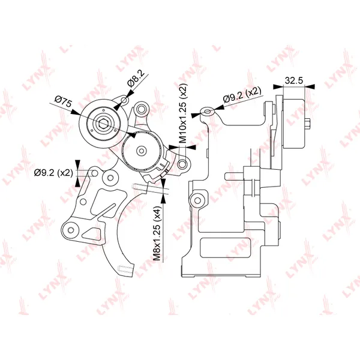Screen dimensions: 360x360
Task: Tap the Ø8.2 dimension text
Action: tap(136, 79)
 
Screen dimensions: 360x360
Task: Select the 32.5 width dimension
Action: tap(294, 80)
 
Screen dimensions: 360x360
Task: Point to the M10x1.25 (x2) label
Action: tap(183, 113)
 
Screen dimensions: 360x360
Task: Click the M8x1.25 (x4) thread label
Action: tap(158, 233)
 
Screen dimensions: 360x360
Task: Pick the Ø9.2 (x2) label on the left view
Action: tap(53, 172)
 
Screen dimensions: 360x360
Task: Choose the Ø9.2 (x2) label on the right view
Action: tap(242, 94)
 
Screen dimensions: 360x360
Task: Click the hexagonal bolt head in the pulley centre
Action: tap(103, 124)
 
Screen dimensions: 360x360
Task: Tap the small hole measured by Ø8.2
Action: tap(124, 100)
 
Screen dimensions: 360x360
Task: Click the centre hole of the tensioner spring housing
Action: tap(141, 151)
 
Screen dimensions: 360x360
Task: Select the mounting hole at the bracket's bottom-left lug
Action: tap(71, 230)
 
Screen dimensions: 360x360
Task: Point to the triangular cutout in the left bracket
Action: tap(92, 233)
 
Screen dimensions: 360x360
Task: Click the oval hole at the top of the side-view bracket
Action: tap(208, 112)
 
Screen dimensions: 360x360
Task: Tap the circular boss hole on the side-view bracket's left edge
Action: tap(197, 200)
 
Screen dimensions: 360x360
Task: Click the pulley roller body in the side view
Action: tap(294, 124)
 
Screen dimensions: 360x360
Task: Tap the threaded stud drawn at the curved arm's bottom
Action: tap(125, 269)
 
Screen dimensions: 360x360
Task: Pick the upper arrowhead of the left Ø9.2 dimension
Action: tap(77, 165)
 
